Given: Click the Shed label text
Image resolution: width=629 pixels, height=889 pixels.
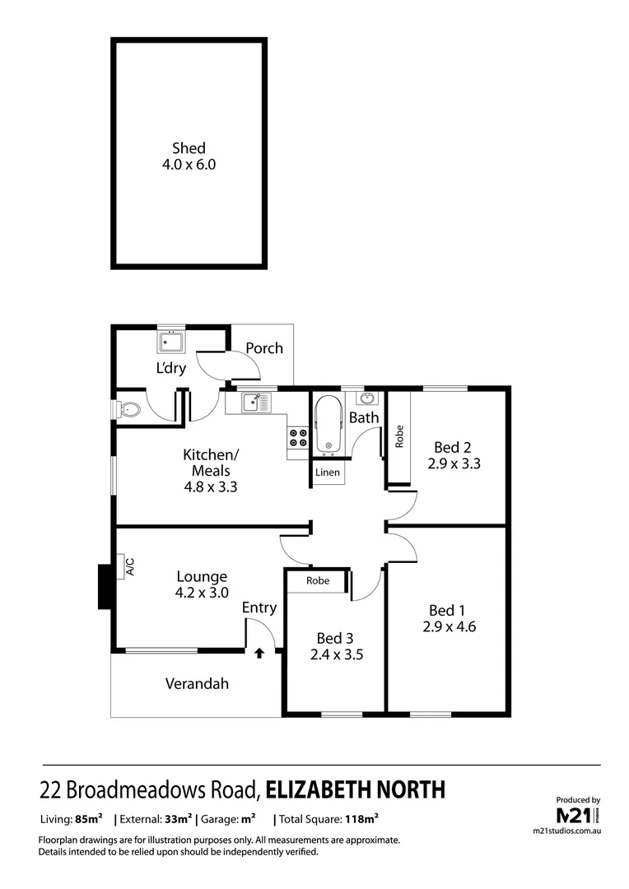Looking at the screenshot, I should [x=189, y=149].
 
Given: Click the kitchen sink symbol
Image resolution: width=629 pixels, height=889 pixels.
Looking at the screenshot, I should [x=255, y=403].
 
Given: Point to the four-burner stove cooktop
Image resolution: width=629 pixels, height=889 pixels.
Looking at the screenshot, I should [x=297, y=438].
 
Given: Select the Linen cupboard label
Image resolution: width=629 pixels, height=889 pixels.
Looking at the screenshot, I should [x=328, y=472].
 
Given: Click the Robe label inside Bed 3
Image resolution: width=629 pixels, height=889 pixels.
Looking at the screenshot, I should [x=318, y=580].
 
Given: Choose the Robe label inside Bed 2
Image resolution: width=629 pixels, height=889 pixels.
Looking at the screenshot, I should [x=399, y=436].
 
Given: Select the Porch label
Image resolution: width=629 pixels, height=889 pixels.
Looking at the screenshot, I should [x=264, y=348].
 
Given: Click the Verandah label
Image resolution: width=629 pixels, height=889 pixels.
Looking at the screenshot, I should [x=196, y=683].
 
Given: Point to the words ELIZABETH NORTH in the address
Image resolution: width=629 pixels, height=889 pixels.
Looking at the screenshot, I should [x=356, y=790].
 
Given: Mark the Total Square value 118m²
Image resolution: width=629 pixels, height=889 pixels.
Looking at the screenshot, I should [x=362, y=819].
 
